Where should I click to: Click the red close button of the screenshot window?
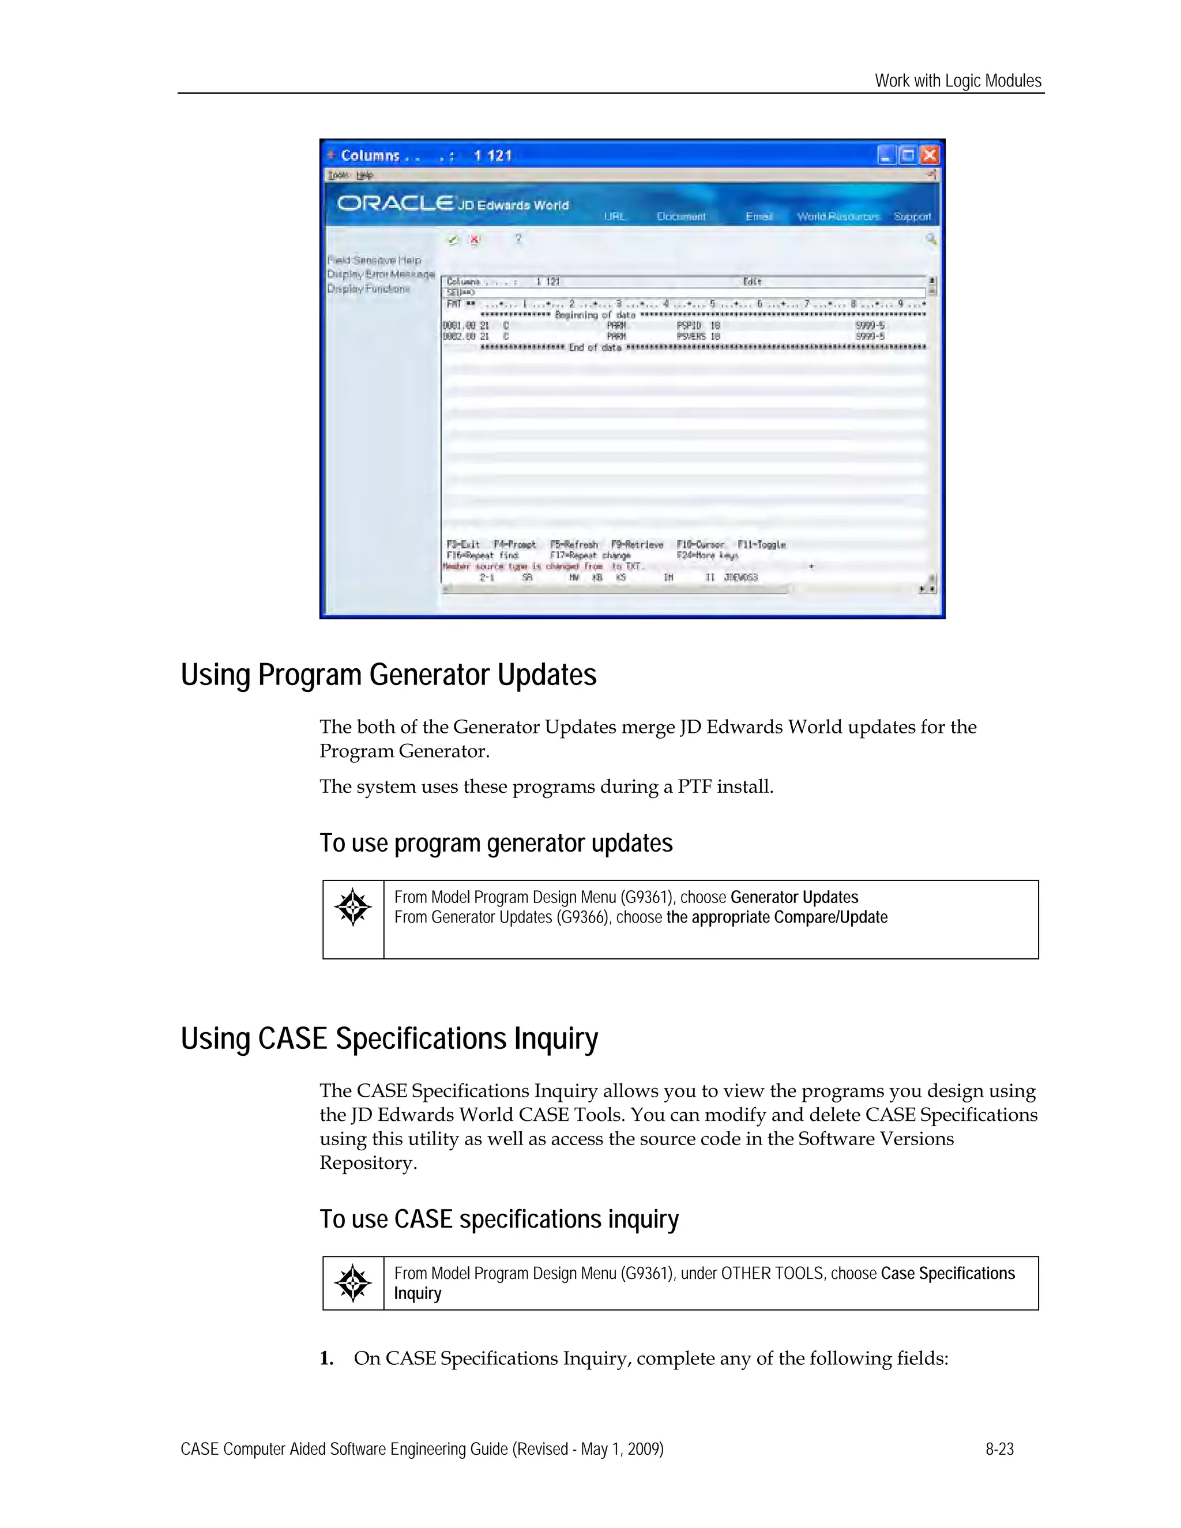click(x=928, y=155)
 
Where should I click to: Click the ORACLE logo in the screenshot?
click(x=395, y=204)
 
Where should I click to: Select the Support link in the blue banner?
click(x=912, y=217)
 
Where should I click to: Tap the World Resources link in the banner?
click(x=837, y=217)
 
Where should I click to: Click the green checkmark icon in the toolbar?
click(x=453, y=240)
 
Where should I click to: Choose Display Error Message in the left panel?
click(x=381, y=274)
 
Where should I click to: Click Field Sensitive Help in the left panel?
click(x=374, y=260)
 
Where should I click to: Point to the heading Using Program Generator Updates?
click(x=388, y=675)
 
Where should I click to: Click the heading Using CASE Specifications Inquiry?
click(x=389, y=1038)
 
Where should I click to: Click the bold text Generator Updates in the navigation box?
click(x=794, y=897)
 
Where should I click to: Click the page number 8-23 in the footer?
click(x=999, y=1449)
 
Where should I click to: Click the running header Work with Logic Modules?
click(x=958, y=81)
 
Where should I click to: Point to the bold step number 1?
click(x=326, y=1358)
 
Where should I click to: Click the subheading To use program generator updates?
click(x=496, y=843)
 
